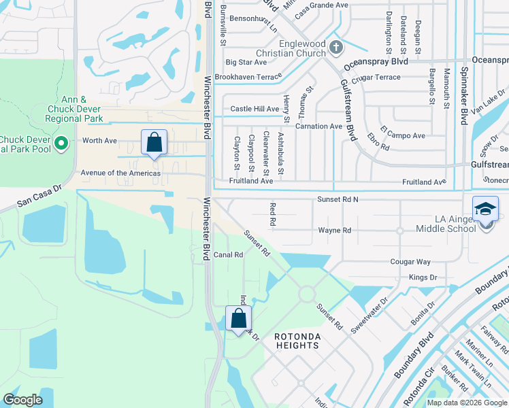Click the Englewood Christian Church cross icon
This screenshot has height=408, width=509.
pos(336,47)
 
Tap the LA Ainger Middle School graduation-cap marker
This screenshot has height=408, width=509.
pos(486,208)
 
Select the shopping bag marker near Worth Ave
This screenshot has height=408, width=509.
pos(154,142)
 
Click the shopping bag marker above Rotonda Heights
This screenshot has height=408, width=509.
pos(238,318)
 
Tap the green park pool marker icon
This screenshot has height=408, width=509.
pos(62,143)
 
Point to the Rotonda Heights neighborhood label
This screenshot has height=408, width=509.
pos(297,341)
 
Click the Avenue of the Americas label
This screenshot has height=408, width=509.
pos(120,173)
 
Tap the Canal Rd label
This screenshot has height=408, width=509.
pos(229,255)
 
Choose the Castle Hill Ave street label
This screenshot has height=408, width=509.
pos(255,109)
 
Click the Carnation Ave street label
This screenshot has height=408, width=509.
pos(318,126)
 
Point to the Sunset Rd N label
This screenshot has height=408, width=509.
pos(338,199)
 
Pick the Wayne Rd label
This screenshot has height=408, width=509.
pos(335,231)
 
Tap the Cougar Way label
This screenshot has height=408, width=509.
pos(410,262)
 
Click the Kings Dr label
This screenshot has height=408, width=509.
pos(423,277)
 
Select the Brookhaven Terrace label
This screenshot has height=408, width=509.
pos(244,78)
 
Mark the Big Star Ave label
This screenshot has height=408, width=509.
pos(246,62)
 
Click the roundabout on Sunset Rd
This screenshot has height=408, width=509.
pos(306,294)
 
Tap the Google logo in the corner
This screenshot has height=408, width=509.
pos(22,400)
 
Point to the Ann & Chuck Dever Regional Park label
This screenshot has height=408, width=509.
pos(75,109)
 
